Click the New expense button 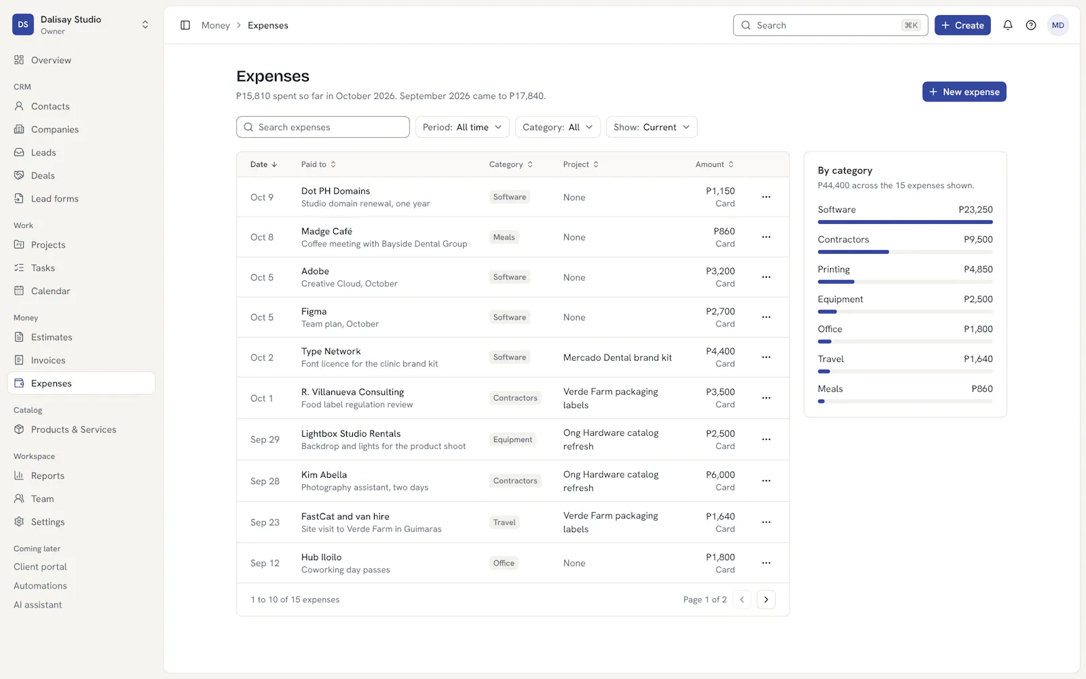(x=964, y=92)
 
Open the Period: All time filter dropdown (x=462, y=127)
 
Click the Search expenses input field (x=323, y=127)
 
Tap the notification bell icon (x=1007, y=25)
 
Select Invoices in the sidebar (x=48, y=360)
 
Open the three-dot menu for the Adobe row (x=766, y=277)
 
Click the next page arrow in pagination (x=766, y=600)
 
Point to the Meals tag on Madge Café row (x=504, y=237)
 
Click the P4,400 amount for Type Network (x=720, y=351)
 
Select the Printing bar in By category (x=836, y=282)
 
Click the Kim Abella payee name (x=324, y=475)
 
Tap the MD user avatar (x=1058, y=25)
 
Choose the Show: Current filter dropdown (x=652, y=127)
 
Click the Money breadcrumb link (x=216, y=25)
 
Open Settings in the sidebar (x=48, y=522)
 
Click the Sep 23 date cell (x=265, y=522)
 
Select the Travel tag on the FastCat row (x=504, y=522)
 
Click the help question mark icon (x=1031, y=25)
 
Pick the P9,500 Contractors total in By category (x=978, y=240)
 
